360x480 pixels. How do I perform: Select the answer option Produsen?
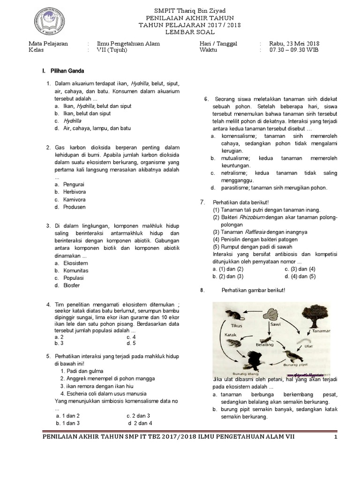[x=75, y=207]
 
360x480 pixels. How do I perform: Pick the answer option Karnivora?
[x=75, y=199]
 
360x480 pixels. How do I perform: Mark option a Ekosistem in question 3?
[x=75, y=263]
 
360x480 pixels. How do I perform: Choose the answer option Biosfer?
[x=72, y=285]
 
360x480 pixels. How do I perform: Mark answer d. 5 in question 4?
[x=131, y=343]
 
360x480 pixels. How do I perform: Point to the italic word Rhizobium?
[x=250, y=217]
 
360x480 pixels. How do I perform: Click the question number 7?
[x=202, y=202]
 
